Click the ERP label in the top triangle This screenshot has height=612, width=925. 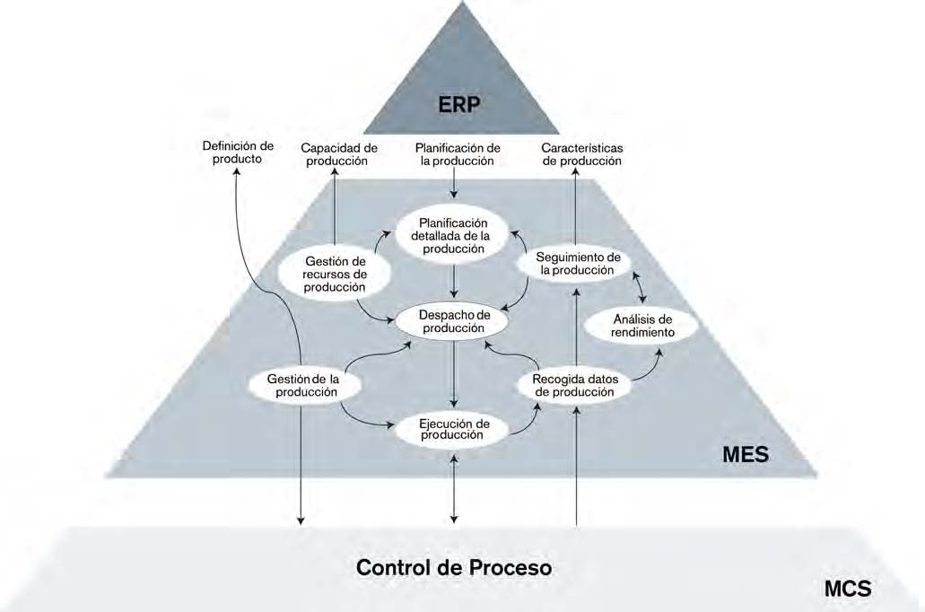pyautogui.click(x=460, y=104)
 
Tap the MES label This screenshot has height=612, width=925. pyautogui.click(x=746, y=454)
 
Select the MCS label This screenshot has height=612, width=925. pyautogui.click(x=847, y=589)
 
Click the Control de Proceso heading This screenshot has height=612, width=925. pyautogui.click(x=454, y=568)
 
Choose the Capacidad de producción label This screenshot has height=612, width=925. pyautogui.click(x=338, y=154)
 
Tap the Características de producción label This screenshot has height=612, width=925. pyautogui.click(x=582, y=154)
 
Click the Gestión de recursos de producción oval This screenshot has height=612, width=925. pyautogui.click(x=334, y=273)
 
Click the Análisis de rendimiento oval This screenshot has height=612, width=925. pyautogui.click(x=641, y=326)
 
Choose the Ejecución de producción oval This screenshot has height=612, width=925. pyautogui.click(x=454, y=429)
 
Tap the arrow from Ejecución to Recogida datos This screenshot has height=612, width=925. pyautogui.click(x=528, y=420)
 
